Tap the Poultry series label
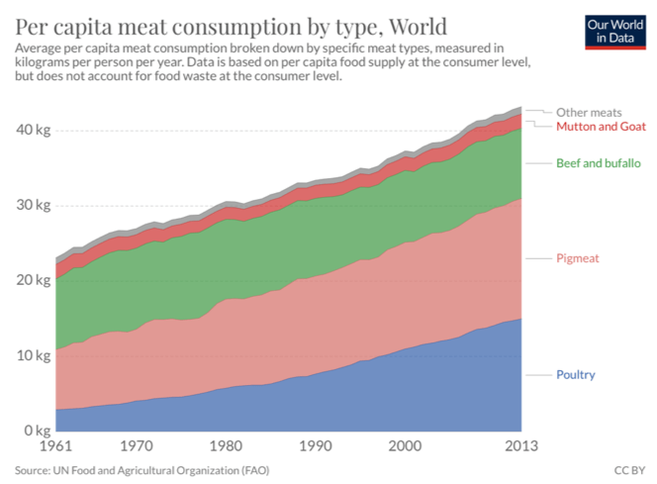click(x=575, y=375)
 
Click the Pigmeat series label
click(x=578, y=258)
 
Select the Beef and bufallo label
click(x=598, y=162)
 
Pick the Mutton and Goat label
click(x=601, y=127)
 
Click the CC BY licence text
click(x=628, y=469)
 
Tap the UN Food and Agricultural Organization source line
click(x=141, y=469)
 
